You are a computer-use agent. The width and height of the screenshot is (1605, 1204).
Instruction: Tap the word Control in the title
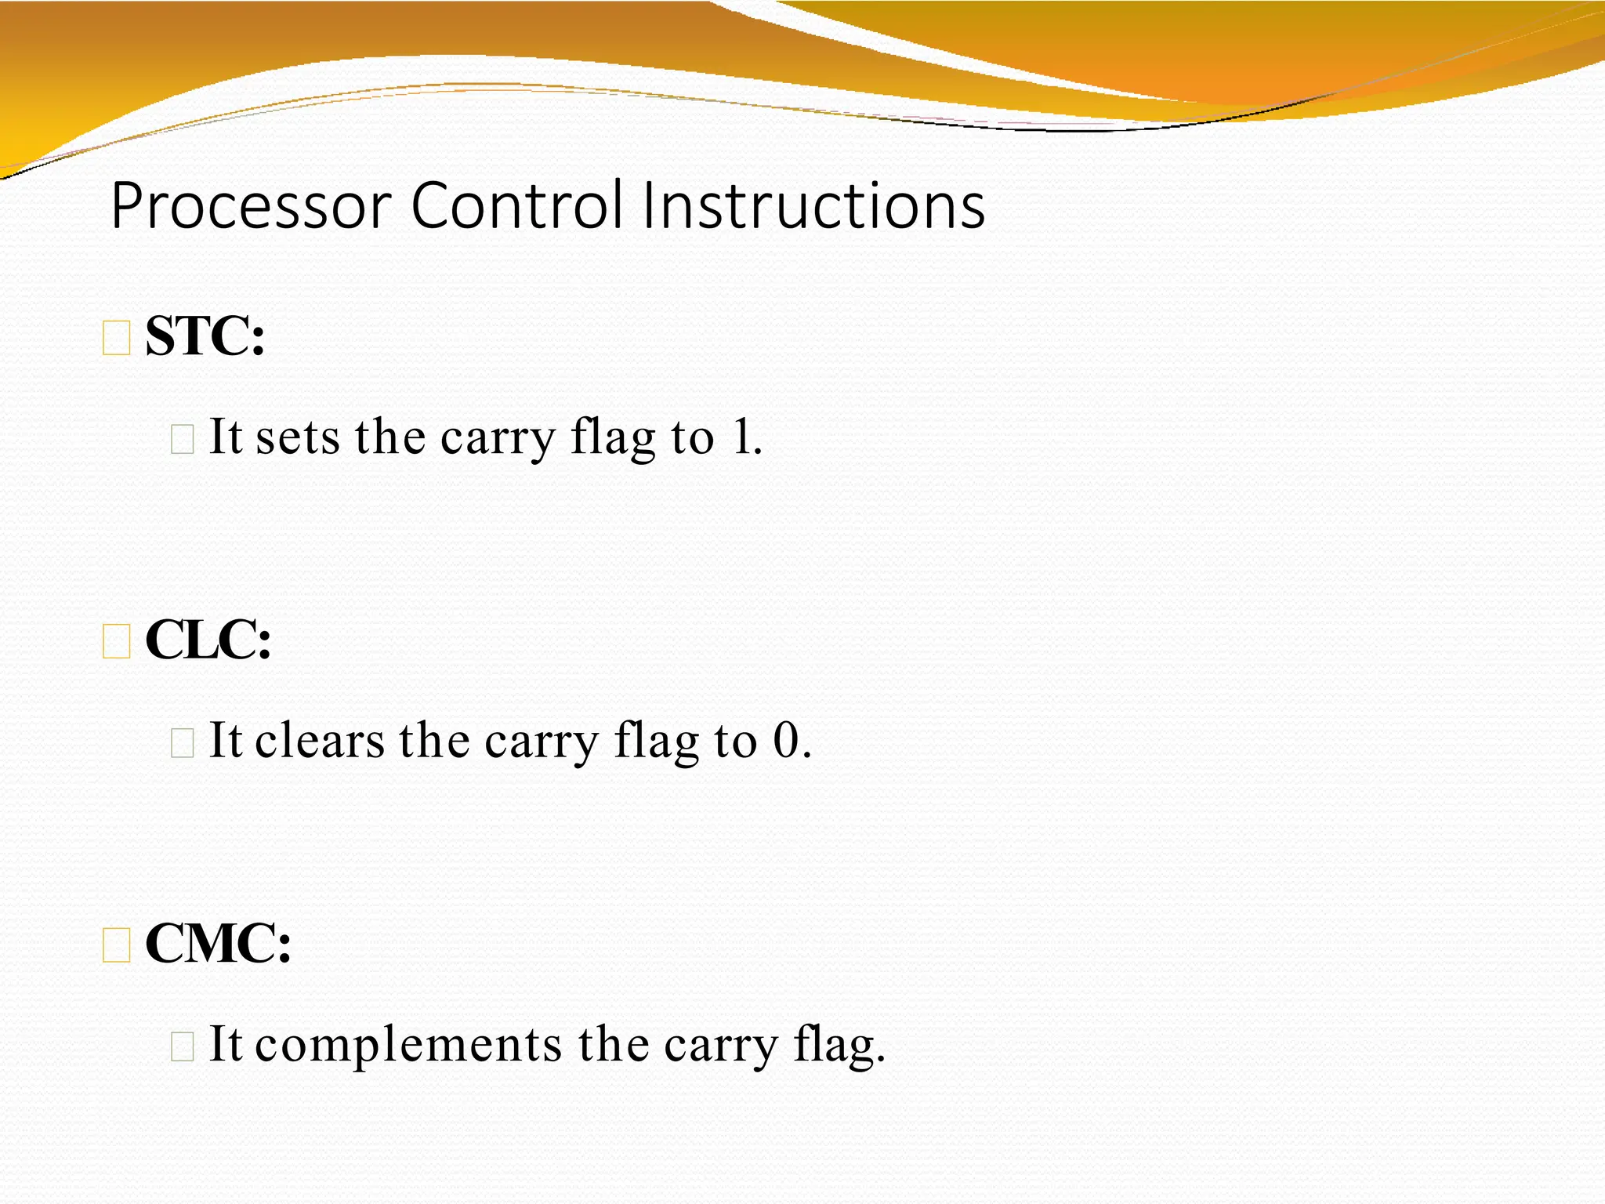(x=517, y=206)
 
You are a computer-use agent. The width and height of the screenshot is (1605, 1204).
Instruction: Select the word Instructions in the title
(x=813, y=206)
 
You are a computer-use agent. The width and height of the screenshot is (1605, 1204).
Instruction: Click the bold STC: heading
(x=205, y=337)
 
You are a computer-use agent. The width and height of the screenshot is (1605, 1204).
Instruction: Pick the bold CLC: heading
(x=208, y=640)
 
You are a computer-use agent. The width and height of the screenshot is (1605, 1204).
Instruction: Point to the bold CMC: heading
(x=218, y=944)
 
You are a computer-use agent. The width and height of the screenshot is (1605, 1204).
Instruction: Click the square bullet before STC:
(x=117, y=339)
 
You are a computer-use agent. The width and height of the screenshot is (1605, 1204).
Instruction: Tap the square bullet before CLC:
(x=117, y=642)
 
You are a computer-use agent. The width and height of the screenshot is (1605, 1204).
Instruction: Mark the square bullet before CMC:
(x=117, y=945)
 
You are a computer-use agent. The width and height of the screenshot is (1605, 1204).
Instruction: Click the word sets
(x=298, y=437)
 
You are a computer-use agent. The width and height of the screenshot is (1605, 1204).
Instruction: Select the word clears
(x=320, y=741)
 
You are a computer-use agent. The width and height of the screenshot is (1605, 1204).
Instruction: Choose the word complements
(x=408, y=1046)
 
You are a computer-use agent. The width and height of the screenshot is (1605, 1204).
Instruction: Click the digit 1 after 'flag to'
(x=741, y=437)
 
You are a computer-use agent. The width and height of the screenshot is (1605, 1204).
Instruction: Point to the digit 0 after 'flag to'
(x=786, y=741)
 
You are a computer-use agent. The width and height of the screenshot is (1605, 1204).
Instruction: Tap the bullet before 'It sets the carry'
(x=182, y=439)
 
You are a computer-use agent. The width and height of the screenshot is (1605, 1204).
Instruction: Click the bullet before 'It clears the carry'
(x=182, y=742)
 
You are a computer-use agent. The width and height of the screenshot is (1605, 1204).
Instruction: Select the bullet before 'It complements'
(x=182, y=1046)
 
